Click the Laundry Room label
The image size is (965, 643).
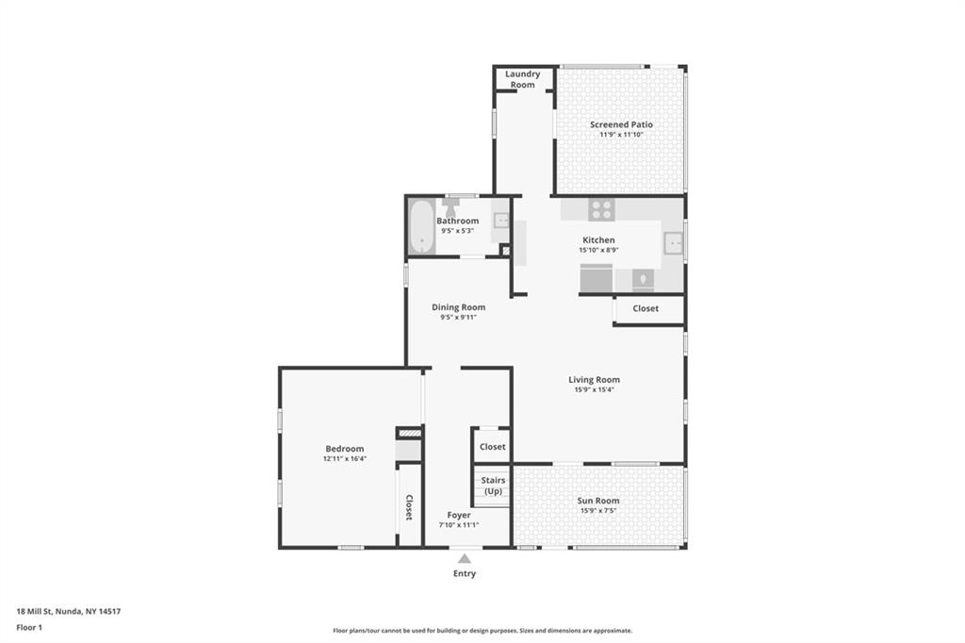click(522, 79)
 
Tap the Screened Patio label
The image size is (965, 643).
click(621, 124)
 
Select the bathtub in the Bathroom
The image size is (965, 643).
click(421, 226)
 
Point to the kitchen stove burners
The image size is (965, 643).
click(601, 210)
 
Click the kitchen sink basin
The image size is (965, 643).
click(673, 243)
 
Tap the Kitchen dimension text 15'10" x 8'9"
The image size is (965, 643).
click(598, 250)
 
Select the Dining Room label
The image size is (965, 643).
click(459, 307)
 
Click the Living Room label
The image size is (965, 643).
click(594, 380)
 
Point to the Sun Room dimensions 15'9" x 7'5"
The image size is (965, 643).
click(598, 511)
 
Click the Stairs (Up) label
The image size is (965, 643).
click(493, 486)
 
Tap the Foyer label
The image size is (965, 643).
click(459, 515)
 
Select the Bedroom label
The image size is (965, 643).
click(345, 449)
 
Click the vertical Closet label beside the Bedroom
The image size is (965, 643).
click(409, 507)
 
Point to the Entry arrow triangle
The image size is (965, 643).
click(465, 559)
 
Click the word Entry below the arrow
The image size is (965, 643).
click(465, 573)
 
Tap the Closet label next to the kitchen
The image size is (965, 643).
click(646, 308)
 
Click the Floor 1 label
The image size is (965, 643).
click(29, 628)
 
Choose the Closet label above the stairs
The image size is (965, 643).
click(492, 447)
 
